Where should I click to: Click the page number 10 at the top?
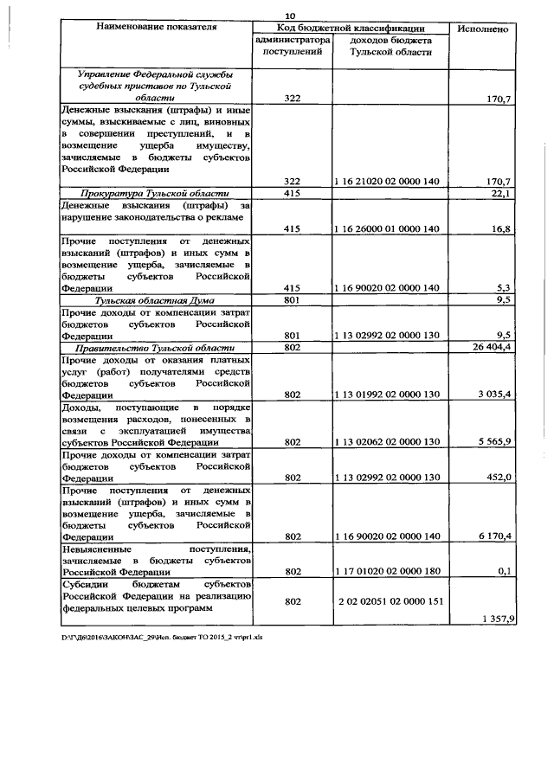(x=291, y=13)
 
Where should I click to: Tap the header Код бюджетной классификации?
(x=352, y=28)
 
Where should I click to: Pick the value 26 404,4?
(x=488, y=347)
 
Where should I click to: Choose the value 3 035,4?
(x=491, y=394)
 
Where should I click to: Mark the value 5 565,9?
(x=491, y=441)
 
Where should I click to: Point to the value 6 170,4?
(x=491, y=536)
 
